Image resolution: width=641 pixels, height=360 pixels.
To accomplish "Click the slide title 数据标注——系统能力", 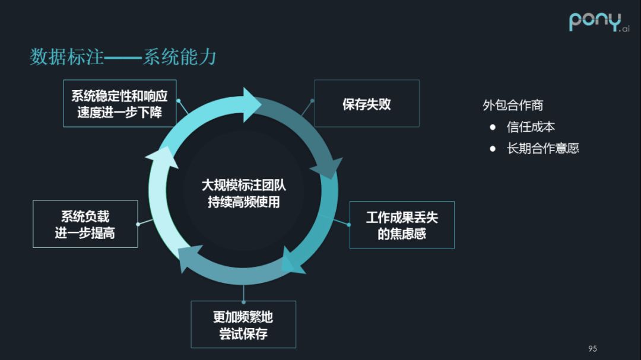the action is coord(123,57).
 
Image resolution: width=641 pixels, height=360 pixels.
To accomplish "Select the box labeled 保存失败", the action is coord(366,104).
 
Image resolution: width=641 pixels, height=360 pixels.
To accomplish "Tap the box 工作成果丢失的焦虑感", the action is coord(402,225).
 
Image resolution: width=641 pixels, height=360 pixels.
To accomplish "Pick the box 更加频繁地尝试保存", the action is coord(243,324).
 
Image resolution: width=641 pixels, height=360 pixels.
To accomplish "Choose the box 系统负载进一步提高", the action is coord(85,224).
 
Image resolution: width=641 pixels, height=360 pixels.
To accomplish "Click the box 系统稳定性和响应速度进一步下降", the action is coord(119,104).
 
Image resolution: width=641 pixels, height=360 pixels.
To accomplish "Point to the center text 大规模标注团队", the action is coord(243,185).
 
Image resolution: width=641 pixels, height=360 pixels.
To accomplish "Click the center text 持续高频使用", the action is coord(243,202).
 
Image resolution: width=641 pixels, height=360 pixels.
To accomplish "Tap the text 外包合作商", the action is coord(513,106).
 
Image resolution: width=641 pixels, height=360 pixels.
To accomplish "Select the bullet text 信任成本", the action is coord(531,127).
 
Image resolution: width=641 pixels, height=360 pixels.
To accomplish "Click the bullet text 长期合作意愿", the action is coord(542,148).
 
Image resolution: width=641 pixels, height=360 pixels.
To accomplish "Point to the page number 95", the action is coord(592,349).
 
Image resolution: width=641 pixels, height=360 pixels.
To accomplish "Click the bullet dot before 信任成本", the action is coord(492,128).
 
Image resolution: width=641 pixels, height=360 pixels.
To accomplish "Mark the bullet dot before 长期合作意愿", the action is coord(492,149).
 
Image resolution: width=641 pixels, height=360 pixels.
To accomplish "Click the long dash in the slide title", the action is coord(123,58).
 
